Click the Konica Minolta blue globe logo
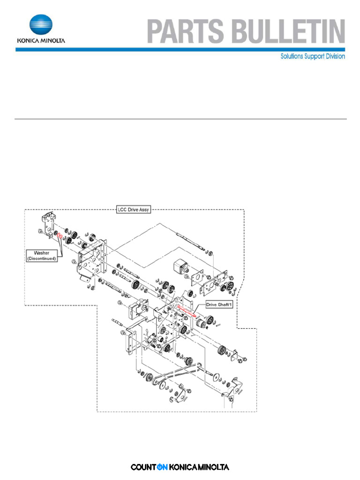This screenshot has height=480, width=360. point(41,25)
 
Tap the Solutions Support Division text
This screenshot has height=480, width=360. point(313,56)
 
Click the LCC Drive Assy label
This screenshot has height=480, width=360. point(134,210)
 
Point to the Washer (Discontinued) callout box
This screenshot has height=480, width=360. point(41,255)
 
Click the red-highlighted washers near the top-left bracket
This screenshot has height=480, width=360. point(60,235)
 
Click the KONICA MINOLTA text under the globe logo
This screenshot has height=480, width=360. point(41,40)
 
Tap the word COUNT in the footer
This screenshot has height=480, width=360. point(143,467)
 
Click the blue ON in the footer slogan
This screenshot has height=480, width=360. point(162,467)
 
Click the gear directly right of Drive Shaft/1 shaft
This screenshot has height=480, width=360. point(202,323)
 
